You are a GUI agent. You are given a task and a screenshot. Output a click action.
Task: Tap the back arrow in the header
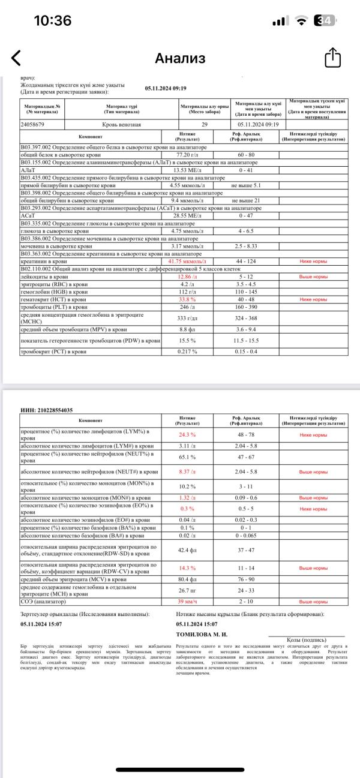point(16,58)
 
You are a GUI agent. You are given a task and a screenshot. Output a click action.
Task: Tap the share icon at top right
point(333,58)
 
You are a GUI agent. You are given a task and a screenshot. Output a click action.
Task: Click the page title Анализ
point(180,58)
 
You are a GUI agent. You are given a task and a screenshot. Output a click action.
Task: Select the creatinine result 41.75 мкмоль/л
point(187,262)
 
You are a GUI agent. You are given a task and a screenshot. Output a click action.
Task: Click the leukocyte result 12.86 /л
point(187,277)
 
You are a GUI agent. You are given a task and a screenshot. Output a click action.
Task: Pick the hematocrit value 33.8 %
point(187,299)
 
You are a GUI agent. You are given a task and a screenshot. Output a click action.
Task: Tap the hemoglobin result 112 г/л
point(187,292)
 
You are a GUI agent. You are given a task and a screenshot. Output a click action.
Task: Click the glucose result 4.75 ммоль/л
point(187,230)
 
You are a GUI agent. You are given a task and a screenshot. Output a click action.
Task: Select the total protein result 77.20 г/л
point(187,155)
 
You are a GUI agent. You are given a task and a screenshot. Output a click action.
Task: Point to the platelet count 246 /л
point(187,306)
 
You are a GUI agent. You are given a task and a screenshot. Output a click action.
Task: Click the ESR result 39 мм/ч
point(187,601)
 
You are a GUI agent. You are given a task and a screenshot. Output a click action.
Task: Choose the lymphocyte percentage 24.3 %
point(187,434)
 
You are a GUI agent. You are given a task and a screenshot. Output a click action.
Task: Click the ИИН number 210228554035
point(47,410)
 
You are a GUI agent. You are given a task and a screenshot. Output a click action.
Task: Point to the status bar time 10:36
point(52,20)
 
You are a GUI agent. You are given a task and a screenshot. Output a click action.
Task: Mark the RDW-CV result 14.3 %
point(187,567)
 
